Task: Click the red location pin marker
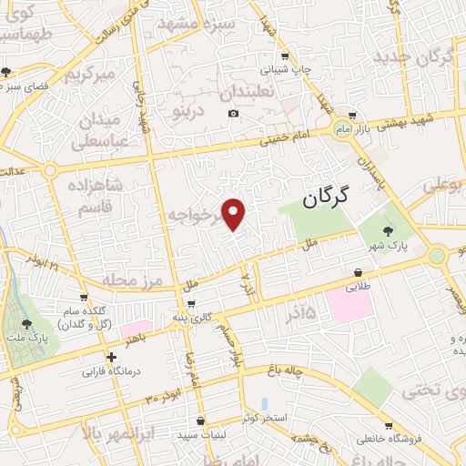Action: click(235, 215)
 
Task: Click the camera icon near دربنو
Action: click(234, 113)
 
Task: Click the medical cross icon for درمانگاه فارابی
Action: click(111, 358)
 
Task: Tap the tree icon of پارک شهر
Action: click(390, 230)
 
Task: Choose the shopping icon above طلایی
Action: click(358, 272)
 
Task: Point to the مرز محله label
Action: click(132, 279)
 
